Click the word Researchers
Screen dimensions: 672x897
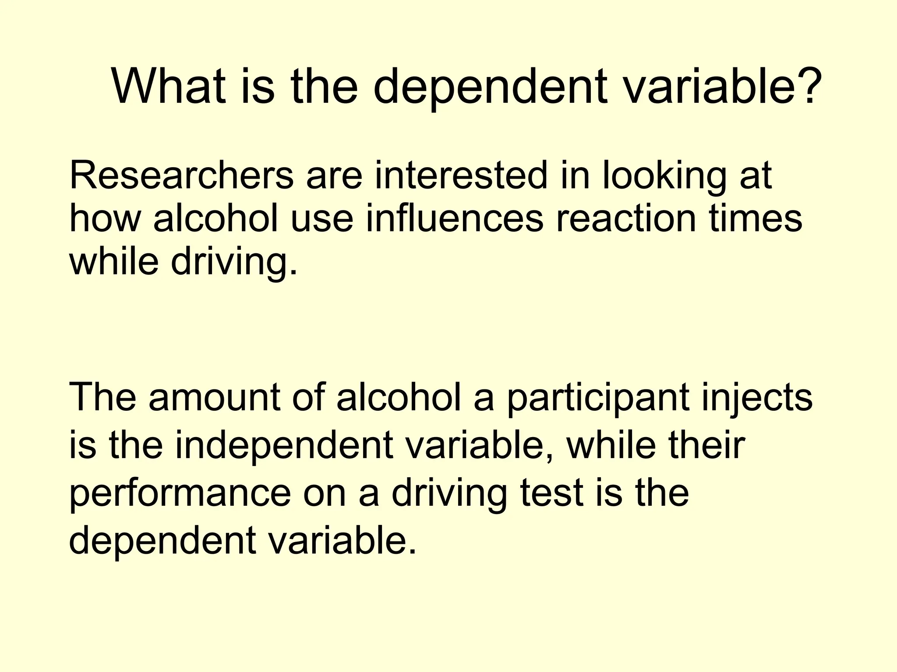(x=181, y=176)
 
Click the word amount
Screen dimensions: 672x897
(x=215, y=398)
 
